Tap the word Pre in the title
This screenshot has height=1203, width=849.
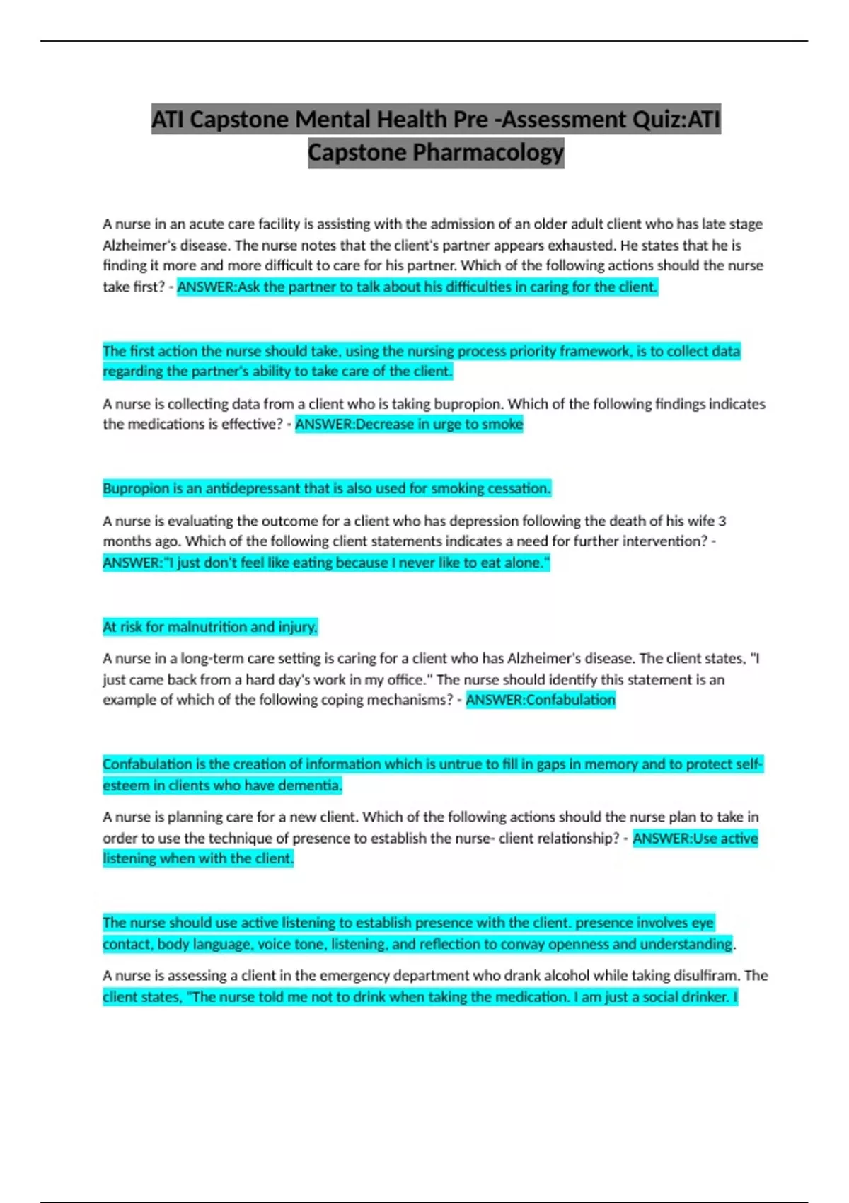[x=470, y=120]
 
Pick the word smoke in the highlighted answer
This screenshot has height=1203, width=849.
[x=502, y=425]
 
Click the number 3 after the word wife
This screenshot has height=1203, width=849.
[x=722, y=522]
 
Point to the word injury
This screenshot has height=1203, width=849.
[x=297, y=627]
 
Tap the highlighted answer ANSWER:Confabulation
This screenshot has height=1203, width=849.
[x=541, y=700]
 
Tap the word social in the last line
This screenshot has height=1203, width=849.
[x=661, y=997]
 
